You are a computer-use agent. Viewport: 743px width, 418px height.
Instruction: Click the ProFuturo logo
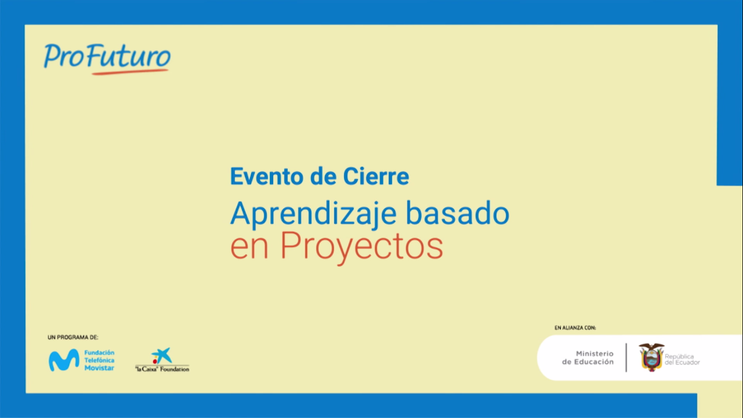[x=107, y=59]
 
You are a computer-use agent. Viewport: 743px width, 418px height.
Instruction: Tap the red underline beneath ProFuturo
[x=130, y=72]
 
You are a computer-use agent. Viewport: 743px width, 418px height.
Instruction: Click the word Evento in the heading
[x=267, y=176]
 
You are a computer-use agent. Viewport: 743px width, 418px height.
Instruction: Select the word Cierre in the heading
[x=376, y=176]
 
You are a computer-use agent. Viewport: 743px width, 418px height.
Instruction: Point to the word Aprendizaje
[x=313, y=214]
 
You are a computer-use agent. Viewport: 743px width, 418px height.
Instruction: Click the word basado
[x=457, y=213]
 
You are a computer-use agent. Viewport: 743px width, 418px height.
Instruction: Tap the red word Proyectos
[x=362, y=247]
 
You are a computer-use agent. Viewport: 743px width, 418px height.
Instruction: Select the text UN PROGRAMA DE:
[x=73, y=337]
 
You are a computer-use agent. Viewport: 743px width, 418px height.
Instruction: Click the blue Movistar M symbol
[x=64, y=360]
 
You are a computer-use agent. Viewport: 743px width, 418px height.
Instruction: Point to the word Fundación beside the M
[x=99, y=353]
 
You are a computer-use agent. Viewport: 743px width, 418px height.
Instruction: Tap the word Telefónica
[x=99, y=360]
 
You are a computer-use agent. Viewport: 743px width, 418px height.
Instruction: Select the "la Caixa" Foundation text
[x=162, y=369]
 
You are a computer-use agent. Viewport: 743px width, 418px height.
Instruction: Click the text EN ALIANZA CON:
[x=575, y=328]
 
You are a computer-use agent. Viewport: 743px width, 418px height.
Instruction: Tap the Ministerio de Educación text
[x=588, y=358]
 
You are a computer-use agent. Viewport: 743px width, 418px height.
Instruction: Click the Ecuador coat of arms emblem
[x=652, y=357]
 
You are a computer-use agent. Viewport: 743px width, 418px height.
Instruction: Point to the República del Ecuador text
[x=682, y=360]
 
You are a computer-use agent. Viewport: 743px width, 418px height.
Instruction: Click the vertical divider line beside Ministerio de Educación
[x=626, y=358]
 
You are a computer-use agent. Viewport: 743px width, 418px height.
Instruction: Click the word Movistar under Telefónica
[x=99, y=368]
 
